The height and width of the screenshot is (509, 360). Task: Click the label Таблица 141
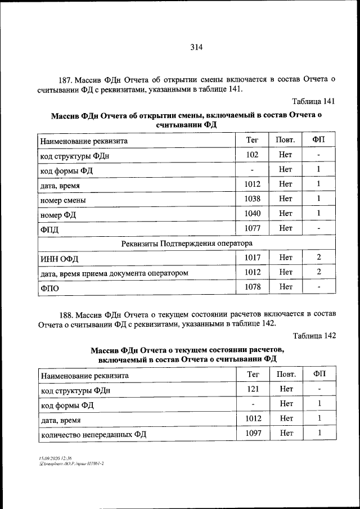click(314, 101)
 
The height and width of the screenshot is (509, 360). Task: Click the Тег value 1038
click(252, 199)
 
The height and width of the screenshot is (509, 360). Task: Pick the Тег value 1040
click(252, 213)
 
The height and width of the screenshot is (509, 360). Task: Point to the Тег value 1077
click(252, 228)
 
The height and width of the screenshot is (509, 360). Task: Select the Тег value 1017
click(252, 258)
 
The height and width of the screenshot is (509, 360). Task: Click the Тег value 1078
click(252, 287)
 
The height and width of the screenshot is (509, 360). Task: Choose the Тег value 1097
click(253, 433)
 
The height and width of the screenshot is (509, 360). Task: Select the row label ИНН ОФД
click(58, 258)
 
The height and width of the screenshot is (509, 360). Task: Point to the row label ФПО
click(49, 288)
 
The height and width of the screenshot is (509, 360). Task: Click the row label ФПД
click(49, 229)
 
